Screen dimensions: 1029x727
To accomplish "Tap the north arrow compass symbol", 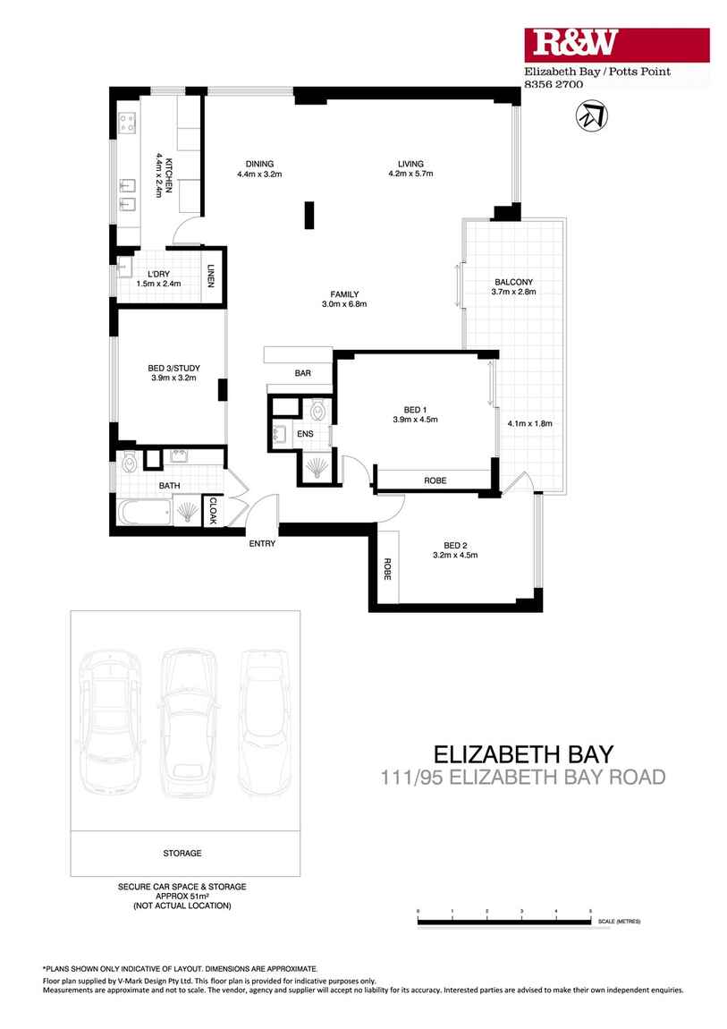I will [589, 115].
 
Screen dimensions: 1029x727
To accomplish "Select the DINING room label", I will [259, 164].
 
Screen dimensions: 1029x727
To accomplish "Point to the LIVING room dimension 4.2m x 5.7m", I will [410, 174].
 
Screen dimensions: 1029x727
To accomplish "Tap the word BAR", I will [303, 373].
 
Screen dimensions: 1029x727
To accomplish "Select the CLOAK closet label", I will [214, 511].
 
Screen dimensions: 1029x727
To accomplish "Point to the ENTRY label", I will [262, 543].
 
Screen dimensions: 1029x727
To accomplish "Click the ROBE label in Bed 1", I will [435, 481].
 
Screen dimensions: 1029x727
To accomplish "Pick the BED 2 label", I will [455, 545].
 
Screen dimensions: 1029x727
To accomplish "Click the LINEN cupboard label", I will [212, 277].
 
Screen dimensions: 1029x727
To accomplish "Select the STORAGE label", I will [182, 853].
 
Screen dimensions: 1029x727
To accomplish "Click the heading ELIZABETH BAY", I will [523, 753].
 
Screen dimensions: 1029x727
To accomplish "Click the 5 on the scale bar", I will [590, 911].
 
